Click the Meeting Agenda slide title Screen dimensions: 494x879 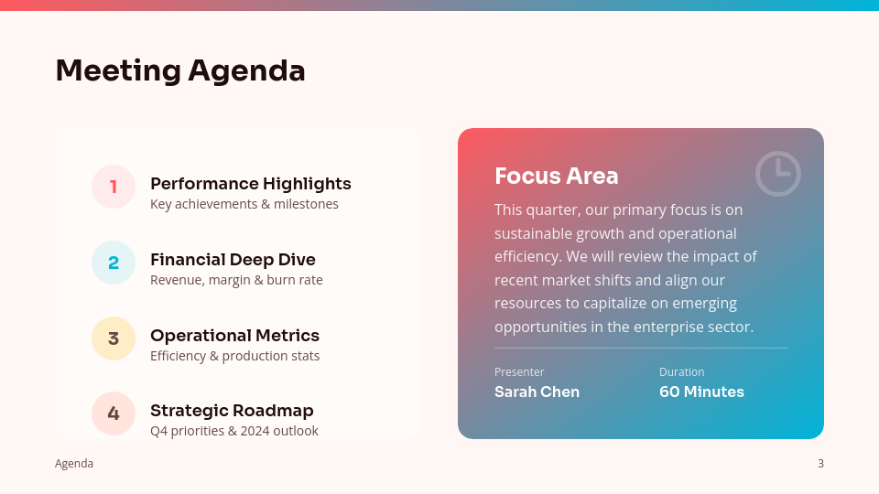[x=180, y=70]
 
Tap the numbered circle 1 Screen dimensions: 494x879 [x=114, y=187]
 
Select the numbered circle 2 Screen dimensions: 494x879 [x=114, y=263]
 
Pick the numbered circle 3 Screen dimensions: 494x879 [x=114, y=338]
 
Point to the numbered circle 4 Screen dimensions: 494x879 [x=114, y=413]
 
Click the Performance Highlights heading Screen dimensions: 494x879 [x=250, y=184]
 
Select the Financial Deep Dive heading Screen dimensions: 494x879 [x=233, y=260]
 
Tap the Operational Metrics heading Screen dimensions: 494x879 [x=234, y=336]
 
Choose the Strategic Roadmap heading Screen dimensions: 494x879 [x=232, y=411]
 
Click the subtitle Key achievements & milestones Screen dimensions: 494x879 [x=244, y=204]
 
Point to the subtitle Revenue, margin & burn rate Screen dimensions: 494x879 [x=236, y=280]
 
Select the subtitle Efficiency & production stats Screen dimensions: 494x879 [x=234, y=356]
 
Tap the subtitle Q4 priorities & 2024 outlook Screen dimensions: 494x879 [x=233, y=431]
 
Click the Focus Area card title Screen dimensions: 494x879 [x=557, y=176]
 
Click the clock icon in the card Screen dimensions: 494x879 [x=778, y=174]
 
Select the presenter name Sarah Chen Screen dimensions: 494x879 [x=537, y=392]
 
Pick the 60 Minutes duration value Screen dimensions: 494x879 [x=701, y=392]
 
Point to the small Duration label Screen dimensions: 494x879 [x=682, y=372]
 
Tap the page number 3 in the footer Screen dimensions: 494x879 [x=820, y=464]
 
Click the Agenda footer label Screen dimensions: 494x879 [x=74, y=464]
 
